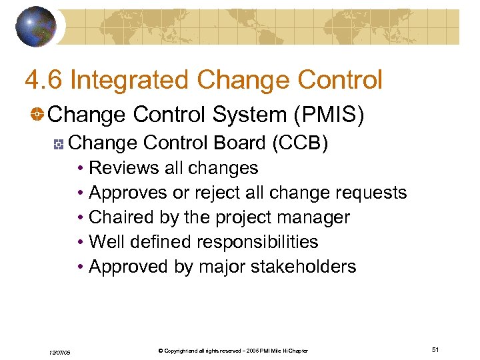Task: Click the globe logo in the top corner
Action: click(36, 26)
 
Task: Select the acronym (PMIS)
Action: click(329, 115)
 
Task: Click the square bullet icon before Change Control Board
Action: click(59, 143)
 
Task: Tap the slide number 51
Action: click(435, 349)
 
